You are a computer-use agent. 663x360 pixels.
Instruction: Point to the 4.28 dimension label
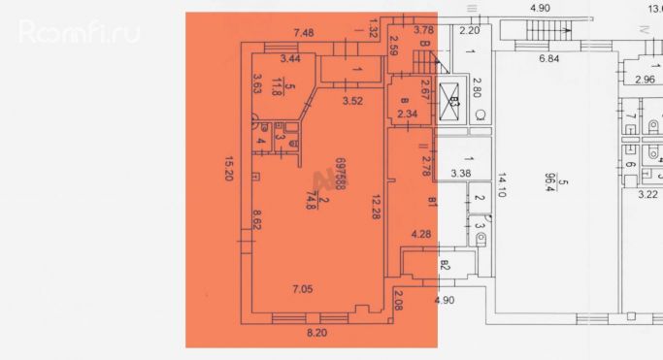point(420,234)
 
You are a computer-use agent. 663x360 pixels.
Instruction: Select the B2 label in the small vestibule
point(446,262)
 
